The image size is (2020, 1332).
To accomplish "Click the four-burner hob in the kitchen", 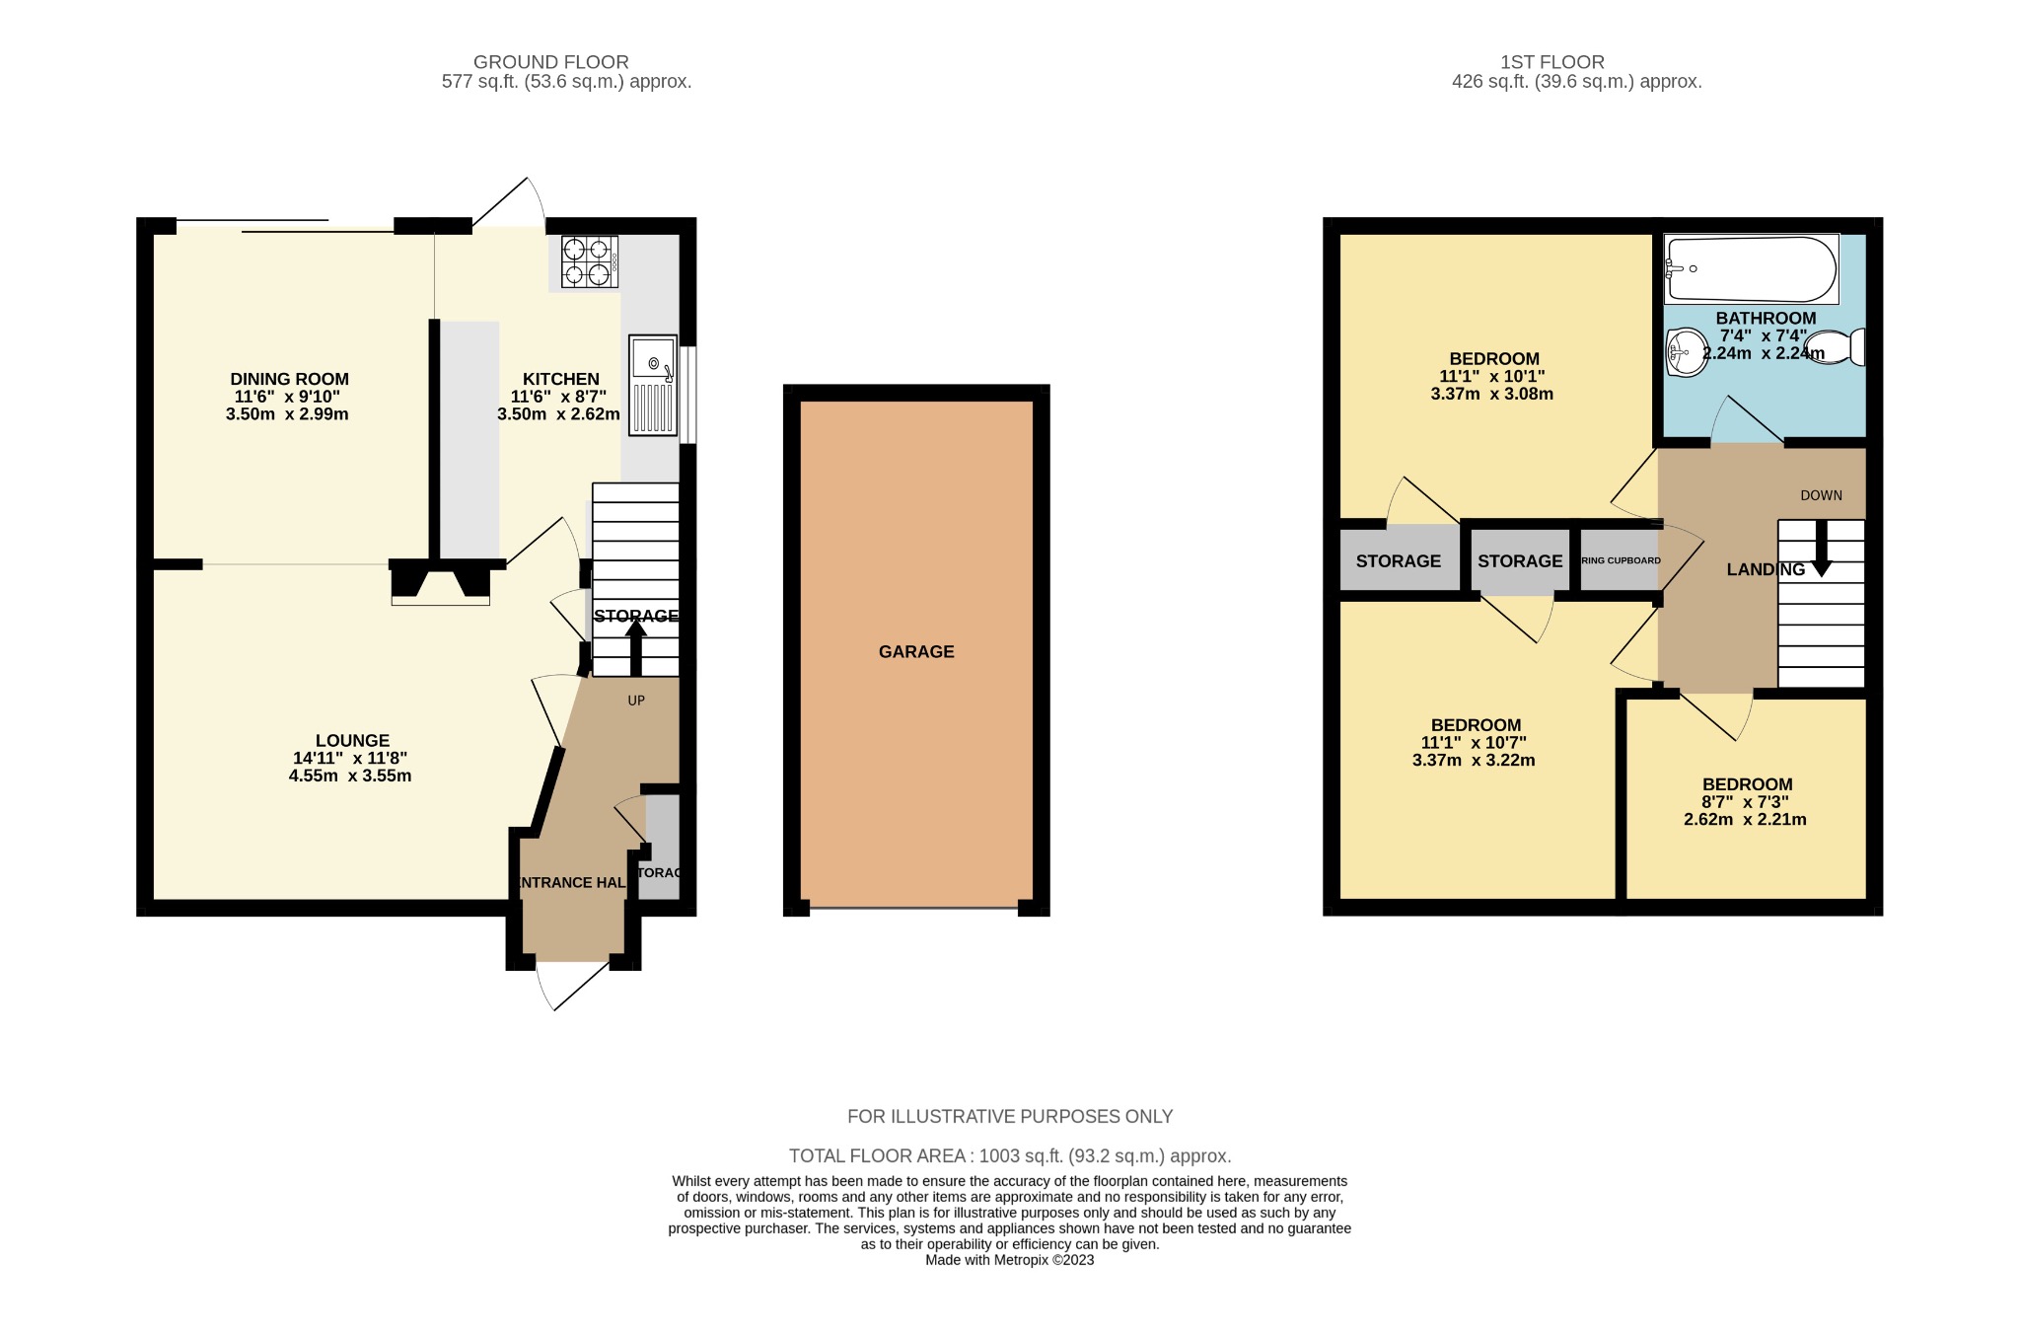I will tap(589, 261).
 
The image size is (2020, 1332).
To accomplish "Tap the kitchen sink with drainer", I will tap(653, 385).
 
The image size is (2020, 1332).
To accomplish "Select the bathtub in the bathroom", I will tap(1751, 268).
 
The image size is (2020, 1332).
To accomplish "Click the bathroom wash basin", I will tap(1687, 351).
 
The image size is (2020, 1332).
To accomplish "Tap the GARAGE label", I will tap(916, 652).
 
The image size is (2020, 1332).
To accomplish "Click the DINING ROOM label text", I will tap(289, 379).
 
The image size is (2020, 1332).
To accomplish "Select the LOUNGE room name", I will tap(352, 741).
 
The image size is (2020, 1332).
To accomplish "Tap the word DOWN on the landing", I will tap(1821, 495).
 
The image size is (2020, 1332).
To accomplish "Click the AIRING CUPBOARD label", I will tap(1621, 560).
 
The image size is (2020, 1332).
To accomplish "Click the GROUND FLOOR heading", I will tap(550, 62).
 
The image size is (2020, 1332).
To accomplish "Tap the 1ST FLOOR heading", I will tap(1551, 62).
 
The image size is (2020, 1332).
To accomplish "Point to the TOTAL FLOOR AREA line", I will tap(1009, 1155).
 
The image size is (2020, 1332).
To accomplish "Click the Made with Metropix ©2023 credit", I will tap(1009, 1260).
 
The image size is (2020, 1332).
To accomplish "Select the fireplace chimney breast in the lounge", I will tap(440, 582).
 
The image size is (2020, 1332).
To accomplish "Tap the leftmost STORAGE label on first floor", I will tap(1398, 561).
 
